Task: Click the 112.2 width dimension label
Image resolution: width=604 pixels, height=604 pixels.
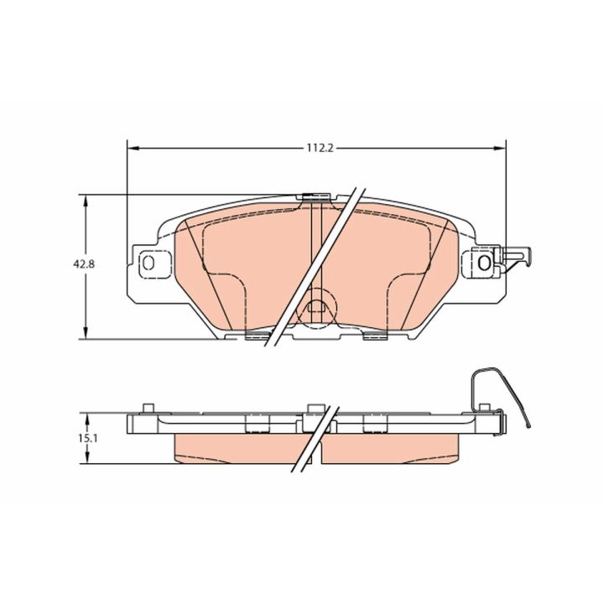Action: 320,148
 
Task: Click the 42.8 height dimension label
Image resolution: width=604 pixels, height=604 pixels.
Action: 84,264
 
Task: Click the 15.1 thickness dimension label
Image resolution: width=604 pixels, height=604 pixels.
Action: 88,438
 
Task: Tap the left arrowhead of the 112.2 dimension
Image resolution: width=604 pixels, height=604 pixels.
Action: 133,148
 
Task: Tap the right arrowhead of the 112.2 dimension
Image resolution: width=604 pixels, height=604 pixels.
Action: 499,148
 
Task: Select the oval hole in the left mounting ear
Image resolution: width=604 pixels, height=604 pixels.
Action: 148,263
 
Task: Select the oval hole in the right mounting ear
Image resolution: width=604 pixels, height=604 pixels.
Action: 484,263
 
